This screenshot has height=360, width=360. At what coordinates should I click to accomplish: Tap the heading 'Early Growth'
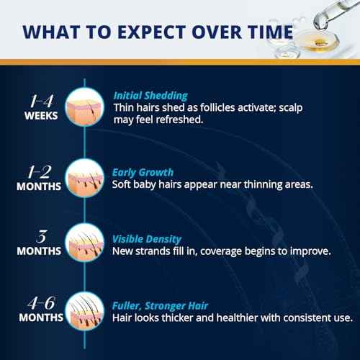point(142,172)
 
